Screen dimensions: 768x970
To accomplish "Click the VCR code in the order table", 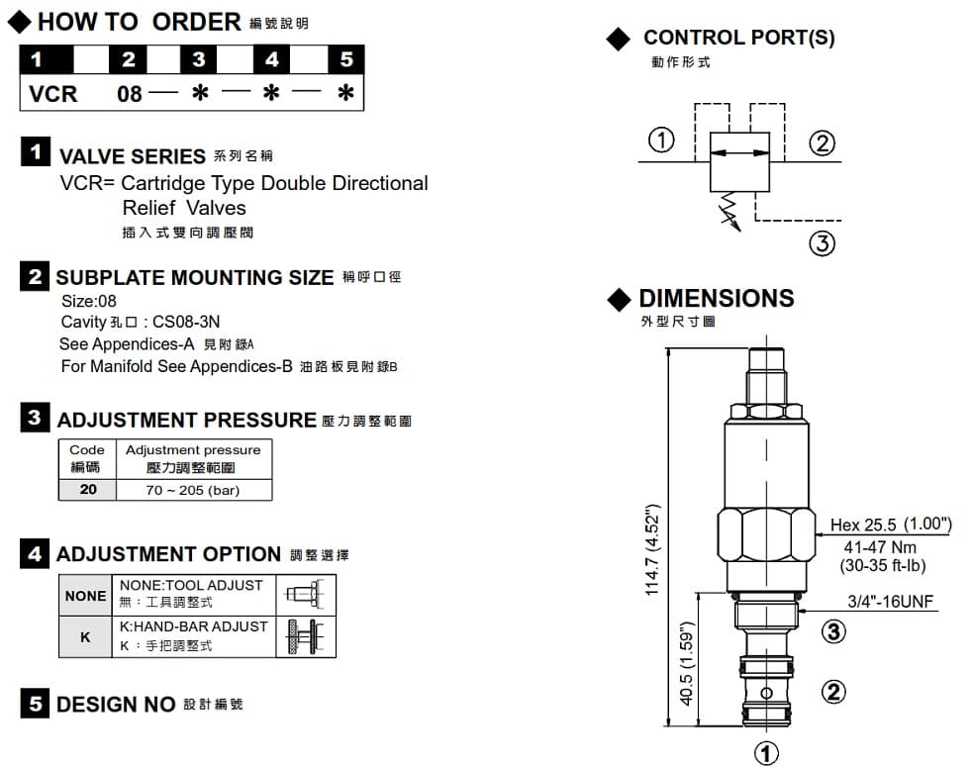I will coord(53,94).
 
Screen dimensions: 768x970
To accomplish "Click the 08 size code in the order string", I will coord(130,95).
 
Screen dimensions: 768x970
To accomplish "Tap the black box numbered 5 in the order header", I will coord(345,59).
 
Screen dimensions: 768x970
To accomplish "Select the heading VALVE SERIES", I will coord(132,155).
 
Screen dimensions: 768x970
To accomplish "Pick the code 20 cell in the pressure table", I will coord(88,490).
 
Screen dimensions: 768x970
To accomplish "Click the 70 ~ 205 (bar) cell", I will coord(193,490).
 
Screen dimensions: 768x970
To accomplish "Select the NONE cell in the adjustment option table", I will coord(85,596).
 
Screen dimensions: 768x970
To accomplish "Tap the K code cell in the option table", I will coord(85,637).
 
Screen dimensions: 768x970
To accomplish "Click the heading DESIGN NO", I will coord(116,705).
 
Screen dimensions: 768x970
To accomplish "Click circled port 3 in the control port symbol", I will coord(823,242).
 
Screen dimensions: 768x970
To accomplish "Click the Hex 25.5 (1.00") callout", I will coord(890,525).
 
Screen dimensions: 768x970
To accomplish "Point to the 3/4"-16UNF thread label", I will coord(891,601).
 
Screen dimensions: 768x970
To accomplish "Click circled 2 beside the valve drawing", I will coord(834,691).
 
